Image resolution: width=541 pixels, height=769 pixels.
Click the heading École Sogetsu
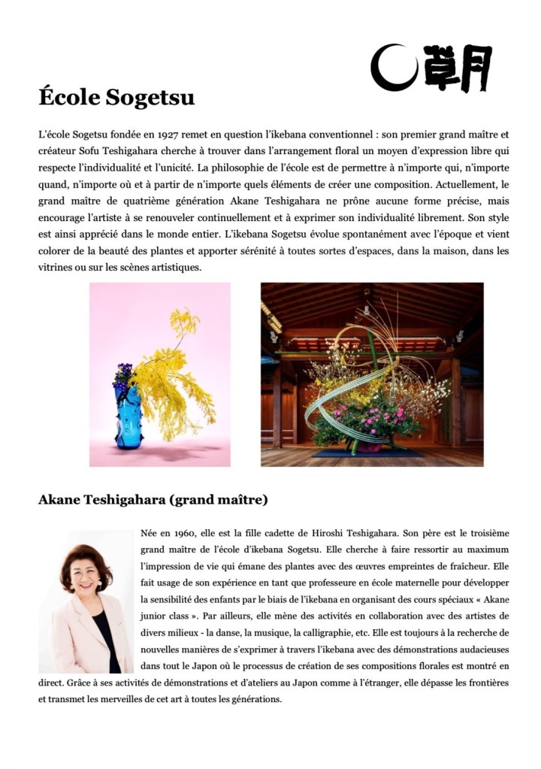click(116, 98)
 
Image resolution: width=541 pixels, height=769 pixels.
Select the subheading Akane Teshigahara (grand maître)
click(153, 499)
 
